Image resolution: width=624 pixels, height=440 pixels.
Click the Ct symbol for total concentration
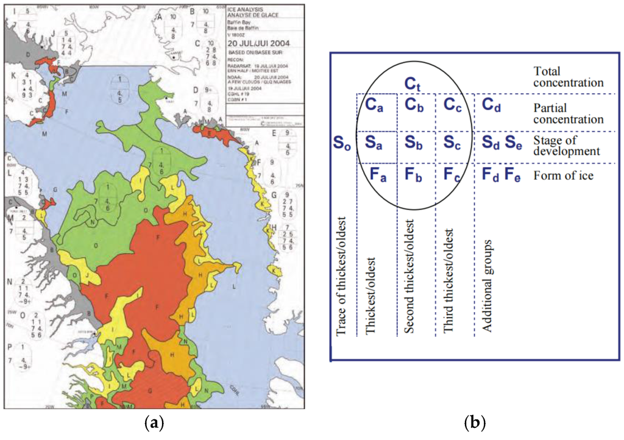(416, 83)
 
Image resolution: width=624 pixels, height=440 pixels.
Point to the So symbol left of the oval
(341, 144)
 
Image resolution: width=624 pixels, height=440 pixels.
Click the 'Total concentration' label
(568, 76)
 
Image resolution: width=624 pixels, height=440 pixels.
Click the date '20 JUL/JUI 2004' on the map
(258, 43)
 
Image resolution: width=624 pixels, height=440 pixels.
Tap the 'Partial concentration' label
(567, 113)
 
